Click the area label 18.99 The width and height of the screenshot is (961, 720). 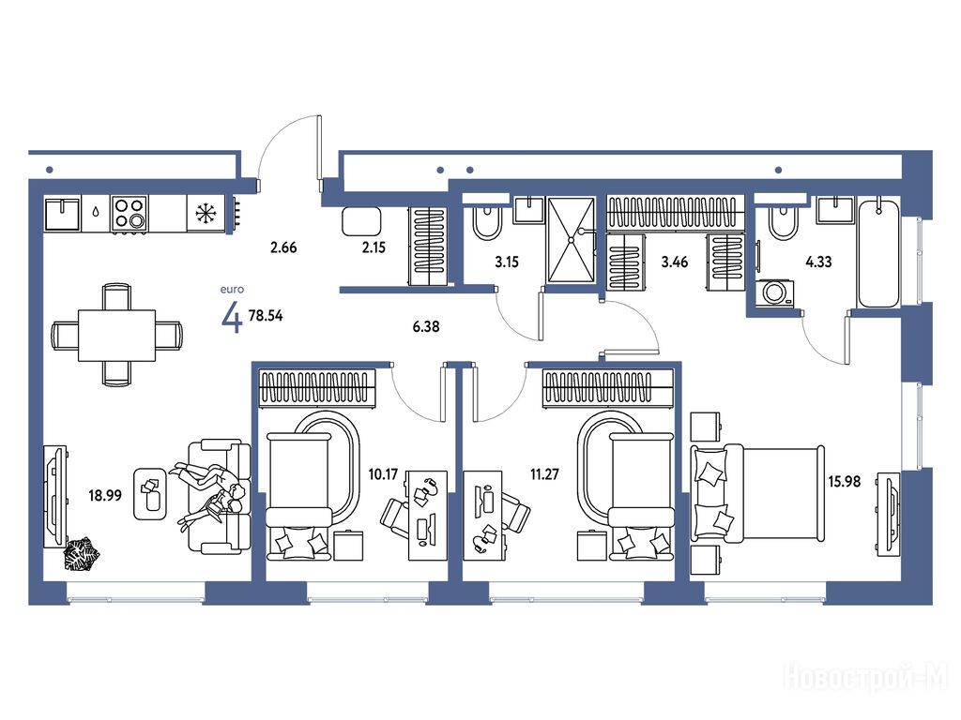(x=105, y=495)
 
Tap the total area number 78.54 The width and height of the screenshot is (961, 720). (x=266, y=316)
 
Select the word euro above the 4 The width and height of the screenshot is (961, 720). (x=233, y=289)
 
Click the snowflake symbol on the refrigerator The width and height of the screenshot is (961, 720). (x=206, y=213)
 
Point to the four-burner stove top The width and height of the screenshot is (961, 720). (x=130, y=213)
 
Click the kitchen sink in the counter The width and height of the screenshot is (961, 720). (x=63, y=213)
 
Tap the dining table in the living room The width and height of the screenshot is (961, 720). (x=116, y=336)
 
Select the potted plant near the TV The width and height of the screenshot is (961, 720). (x=81, y=553)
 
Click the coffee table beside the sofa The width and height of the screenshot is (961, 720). (x=150, y=494)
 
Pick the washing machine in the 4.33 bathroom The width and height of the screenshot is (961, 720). (x=774, y=293)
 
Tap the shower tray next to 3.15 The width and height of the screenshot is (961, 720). (x=571, y=240)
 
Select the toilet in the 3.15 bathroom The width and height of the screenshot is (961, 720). (x=487, y=221)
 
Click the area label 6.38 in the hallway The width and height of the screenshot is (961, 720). (x=426, y=327)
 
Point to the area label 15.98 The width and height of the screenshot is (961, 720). (x=845, y=482)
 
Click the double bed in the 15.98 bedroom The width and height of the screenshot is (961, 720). (x=757, y=493)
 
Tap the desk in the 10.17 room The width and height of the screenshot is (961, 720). (x=428, y=515)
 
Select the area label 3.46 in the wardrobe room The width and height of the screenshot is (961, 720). (x=674, y=262)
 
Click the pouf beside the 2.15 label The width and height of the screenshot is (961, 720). (x=361, y=221)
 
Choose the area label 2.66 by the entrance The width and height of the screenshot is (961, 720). (x=283, y=247)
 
